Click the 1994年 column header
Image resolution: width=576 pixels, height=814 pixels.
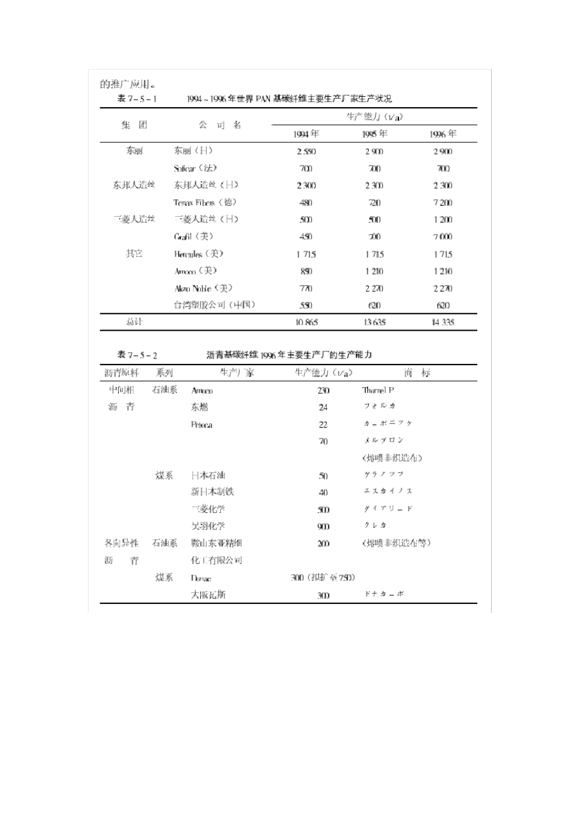306,134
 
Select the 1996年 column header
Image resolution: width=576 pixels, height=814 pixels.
443,134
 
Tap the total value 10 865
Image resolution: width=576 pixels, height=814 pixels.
306,322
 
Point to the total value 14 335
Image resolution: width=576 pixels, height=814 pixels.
443,322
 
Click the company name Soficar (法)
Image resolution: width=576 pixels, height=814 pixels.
195,168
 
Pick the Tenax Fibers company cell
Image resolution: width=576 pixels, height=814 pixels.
205,202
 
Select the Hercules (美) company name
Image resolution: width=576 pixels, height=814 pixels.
199,254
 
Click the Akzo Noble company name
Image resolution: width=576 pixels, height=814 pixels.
203,288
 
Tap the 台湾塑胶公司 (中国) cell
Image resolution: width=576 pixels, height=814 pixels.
215,305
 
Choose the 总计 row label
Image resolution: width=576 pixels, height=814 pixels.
134,322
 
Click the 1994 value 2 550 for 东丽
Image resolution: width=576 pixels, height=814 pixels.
306,151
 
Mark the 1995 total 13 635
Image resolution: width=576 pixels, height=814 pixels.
374,322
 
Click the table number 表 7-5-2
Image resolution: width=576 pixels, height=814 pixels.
137,356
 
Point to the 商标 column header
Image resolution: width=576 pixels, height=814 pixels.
417,373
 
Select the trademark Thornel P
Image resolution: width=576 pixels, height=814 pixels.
378,390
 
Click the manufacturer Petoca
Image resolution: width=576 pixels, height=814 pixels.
201,425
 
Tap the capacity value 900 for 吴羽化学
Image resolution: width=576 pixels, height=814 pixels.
323,526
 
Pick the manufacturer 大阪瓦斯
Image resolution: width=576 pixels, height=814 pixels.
208,595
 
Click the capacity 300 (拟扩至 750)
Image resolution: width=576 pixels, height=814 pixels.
323,578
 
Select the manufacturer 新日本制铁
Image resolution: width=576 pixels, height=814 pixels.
212,492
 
